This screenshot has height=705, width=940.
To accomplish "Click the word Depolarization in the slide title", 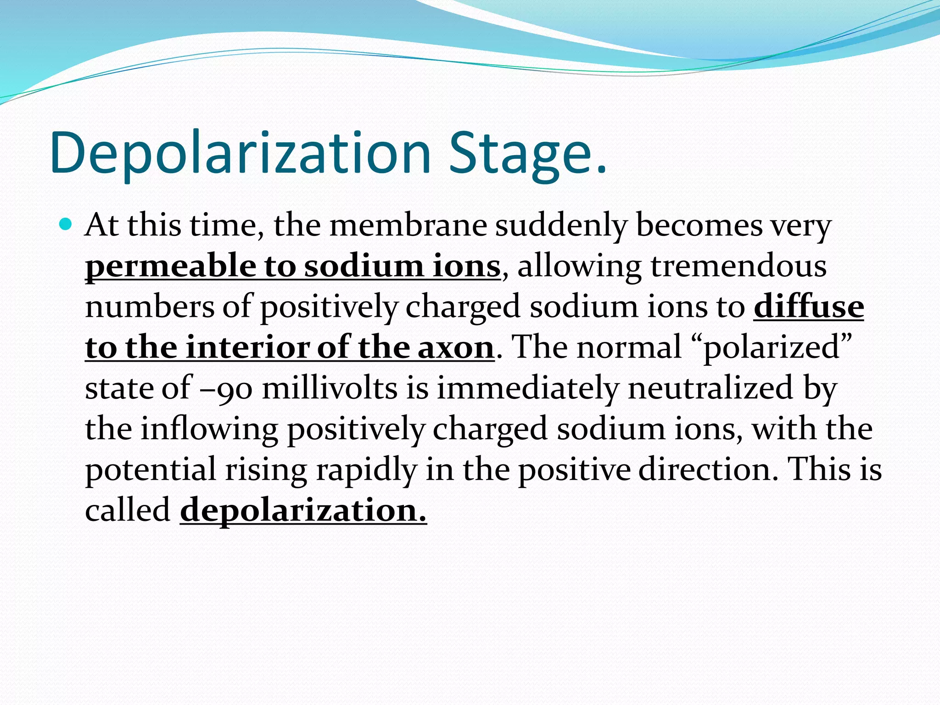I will (241, 153).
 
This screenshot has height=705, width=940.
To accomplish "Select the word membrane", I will (408, 225).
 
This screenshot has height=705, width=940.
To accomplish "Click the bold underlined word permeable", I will (170, 267).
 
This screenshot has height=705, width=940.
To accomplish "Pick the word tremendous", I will (739, 266).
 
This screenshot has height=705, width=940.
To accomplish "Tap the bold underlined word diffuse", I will (809, 307).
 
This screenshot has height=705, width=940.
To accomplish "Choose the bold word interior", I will (247, 347).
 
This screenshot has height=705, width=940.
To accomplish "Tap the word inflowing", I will (209, 429).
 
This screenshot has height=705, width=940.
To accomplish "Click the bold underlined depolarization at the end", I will (303, 510).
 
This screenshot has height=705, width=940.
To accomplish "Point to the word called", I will (128, 510).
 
